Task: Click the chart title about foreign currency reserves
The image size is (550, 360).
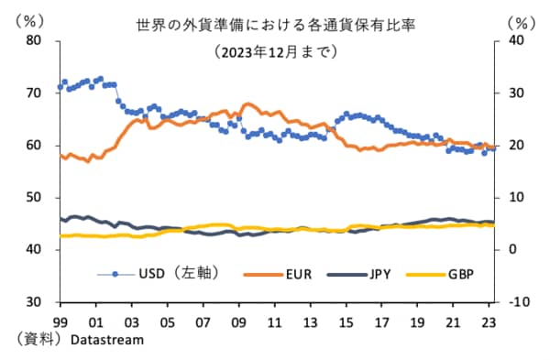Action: click(275, 26)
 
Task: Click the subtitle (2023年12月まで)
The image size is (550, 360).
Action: click(275, 51)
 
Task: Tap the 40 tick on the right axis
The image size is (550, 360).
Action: click(516, 40)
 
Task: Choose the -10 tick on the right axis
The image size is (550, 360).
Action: click(518, 301)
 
